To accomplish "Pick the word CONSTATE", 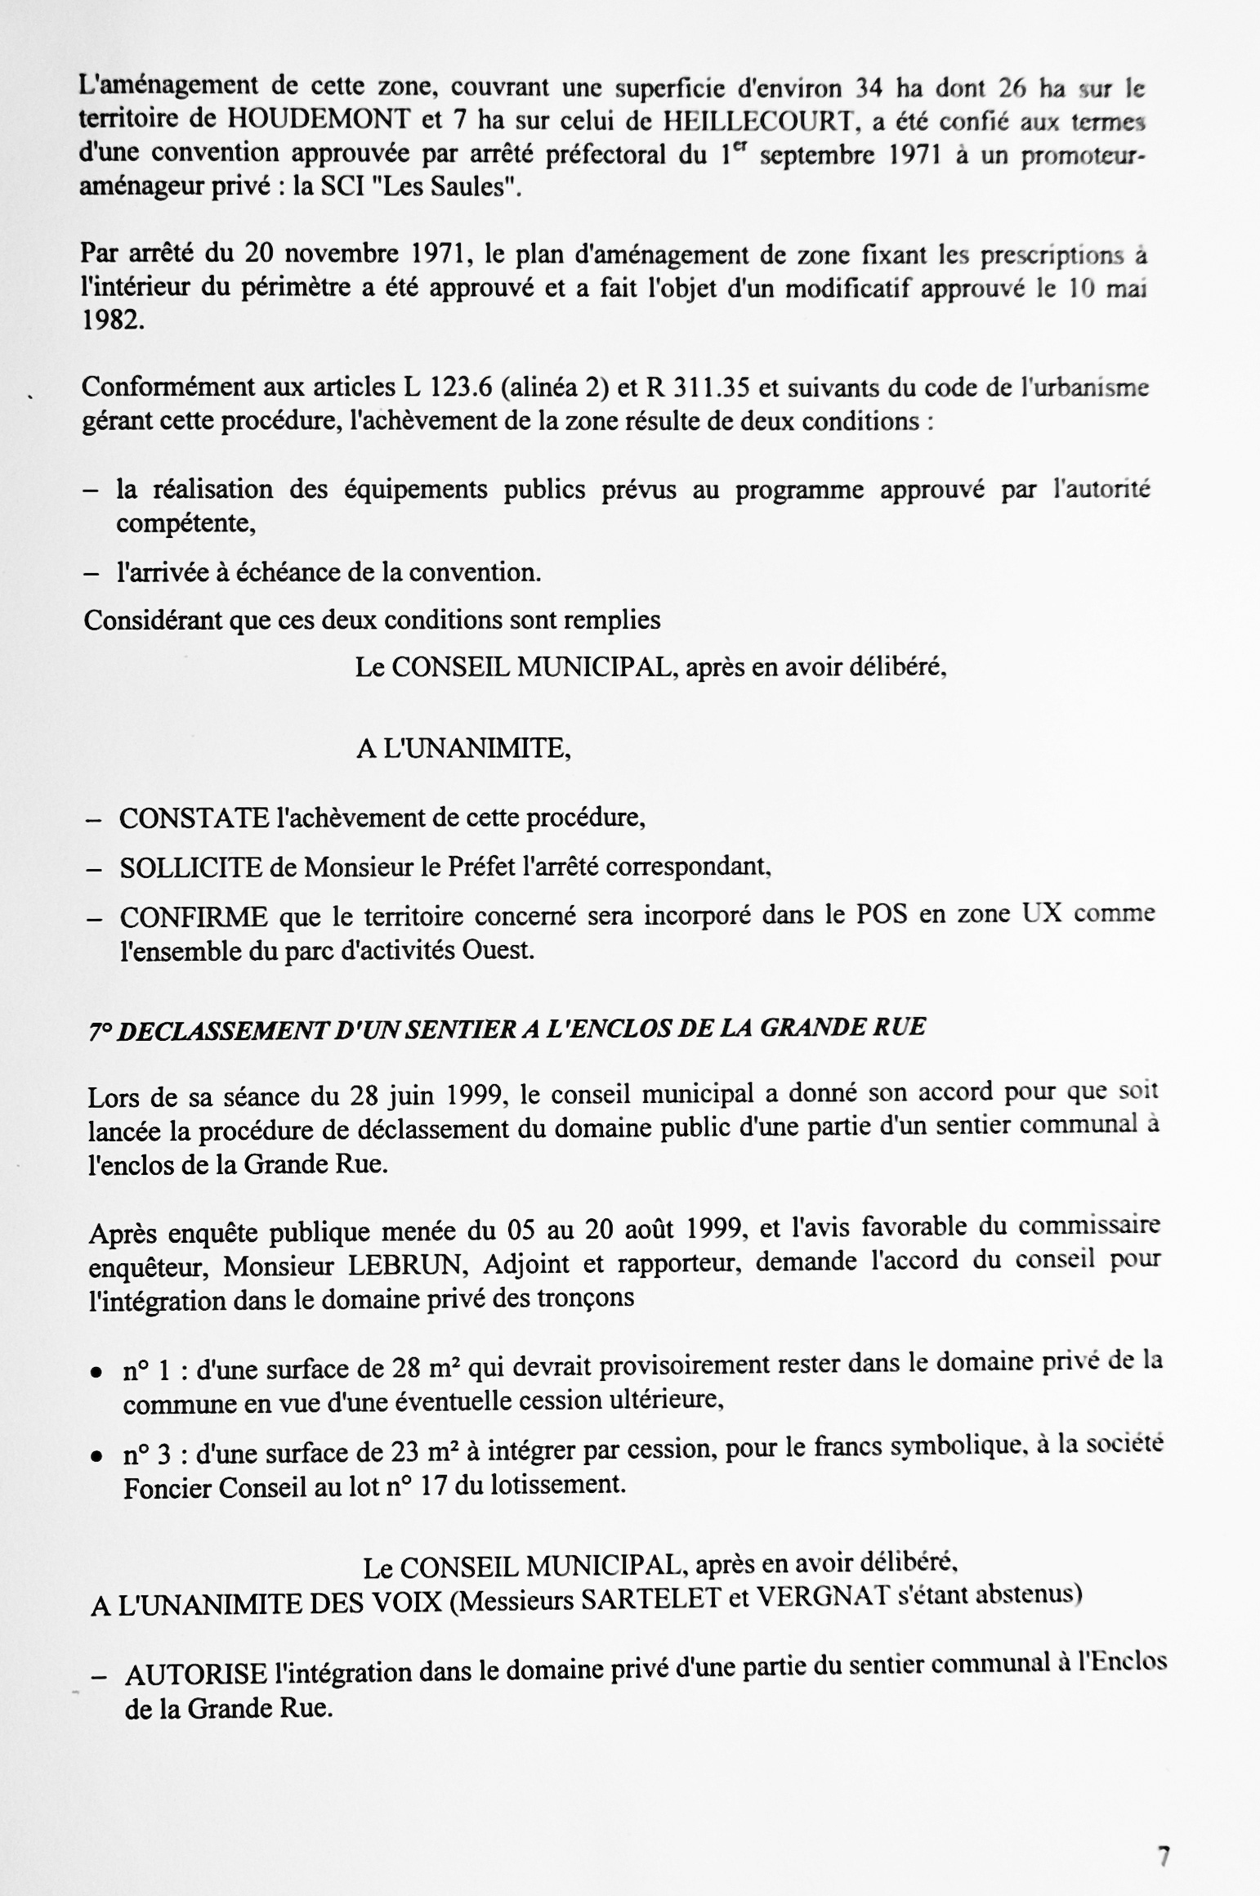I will click(x=194, y=818).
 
